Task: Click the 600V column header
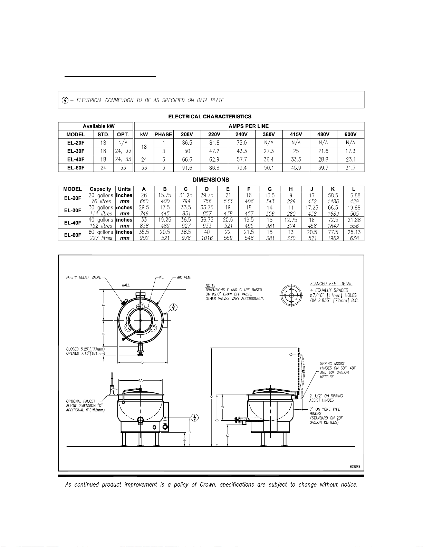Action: [x=350, y=135]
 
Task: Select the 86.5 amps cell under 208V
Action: [x=187, y=143]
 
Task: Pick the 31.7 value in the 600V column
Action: [x=350, y=168]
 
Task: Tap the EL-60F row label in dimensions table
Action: [x=73, y=235]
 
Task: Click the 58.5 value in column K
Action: [x=333, y=195]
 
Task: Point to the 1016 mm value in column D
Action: [x=207, y=238]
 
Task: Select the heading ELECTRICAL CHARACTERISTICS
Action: [x=210, y=117]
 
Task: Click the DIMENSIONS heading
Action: [x=211, y=180]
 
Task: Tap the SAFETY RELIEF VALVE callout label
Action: [x=83, y=277]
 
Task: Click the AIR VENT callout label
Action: [x=184, y=277]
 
